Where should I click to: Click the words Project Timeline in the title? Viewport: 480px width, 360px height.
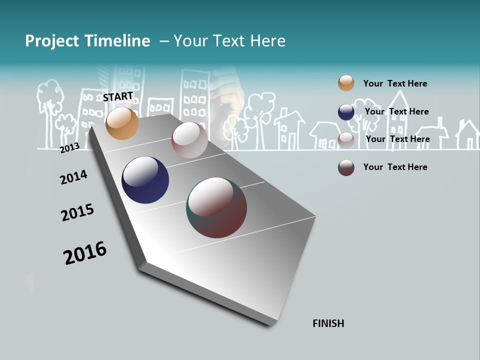(87, 41)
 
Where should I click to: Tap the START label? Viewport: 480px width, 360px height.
(118, 96)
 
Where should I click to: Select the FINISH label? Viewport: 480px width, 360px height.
(328, 323)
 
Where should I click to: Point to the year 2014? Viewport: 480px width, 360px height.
(73, 177)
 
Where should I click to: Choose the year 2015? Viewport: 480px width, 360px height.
(77, 212)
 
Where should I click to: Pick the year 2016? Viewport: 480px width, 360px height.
(85, 252)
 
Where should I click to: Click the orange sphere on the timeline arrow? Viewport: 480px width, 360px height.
(122, 123)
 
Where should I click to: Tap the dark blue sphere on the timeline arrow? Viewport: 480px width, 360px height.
(145, 180)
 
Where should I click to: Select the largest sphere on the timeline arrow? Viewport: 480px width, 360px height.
(216, 207)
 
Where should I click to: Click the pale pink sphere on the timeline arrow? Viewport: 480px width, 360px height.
(189, 140)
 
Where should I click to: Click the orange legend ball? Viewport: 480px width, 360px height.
(346, 83)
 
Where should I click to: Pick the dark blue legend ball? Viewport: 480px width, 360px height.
(346, 112)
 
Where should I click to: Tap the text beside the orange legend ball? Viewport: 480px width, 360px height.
(395, 83)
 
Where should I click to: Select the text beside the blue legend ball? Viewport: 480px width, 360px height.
(396, 111)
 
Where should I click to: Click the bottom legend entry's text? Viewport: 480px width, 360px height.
(395, 167)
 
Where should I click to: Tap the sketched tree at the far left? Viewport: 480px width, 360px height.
(50, 102)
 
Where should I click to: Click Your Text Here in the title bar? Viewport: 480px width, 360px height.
(229, 41)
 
